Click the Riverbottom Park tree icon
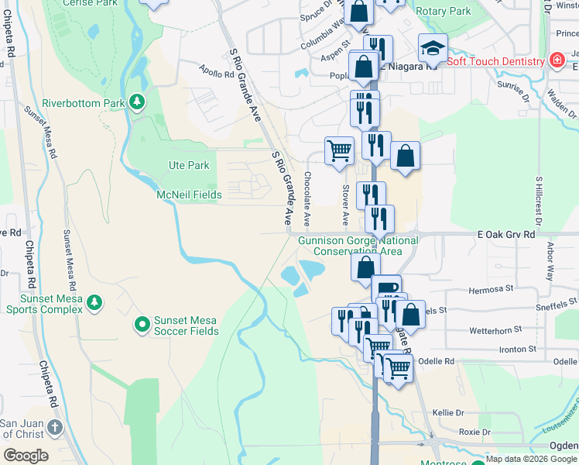(x=136, y=102)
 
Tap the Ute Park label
(x=189, y=165)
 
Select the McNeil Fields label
(x=189, y=195)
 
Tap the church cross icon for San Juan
(x=54, y=426)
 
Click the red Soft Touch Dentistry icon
(x=556, y=60)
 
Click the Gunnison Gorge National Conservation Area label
(x=359, y=246)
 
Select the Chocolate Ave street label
(x=307, y=199)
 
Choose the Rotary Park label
(x=443, y=12)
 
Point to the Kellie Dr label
(x=447, y=413)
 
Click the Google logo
(x=25, y=456)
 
